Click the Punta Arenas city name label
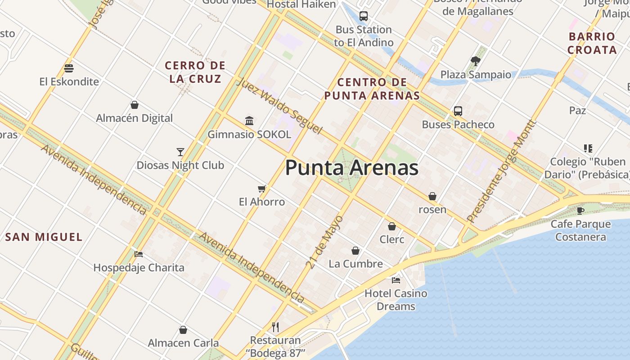(352, 168)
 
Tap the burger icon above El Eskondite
(69, 68)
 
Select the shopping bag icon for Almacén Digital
(134, 105)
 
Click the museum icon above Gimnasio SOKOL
(249, 121)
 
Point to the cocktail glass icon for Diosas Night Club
(180, 152)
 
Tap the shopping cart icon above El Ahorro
(261, 189)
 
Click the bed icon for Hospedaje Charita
(139, 254)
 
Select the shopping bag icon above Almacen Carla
(183, 330)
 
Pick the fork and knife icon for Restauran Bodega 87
(275, 327)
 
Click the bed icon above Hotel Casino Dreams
(396, 280)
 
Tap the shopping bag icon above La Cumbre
(355, 251)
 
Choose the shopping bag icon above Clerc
(392, 226)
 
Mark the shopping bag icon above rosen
(432, 196)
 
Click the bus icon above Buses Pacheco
(458, 111)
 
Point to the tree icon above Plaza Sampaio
(476, 61)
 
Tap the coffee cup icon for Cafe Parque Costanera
(580, 211)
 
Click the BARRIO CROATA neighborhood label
(592, 43)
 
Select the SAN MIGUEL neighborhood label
(44, 237)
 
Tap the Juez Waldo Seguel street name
(279, 106)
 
